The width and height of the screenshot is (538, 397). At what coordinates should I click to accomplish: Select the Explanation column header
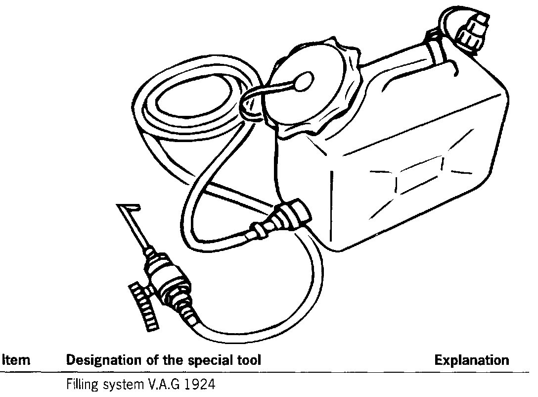(x=471, y=361)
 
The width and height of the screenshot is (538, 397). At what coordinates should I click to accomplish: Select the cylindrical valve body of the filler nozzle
(x=171, y=280)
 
